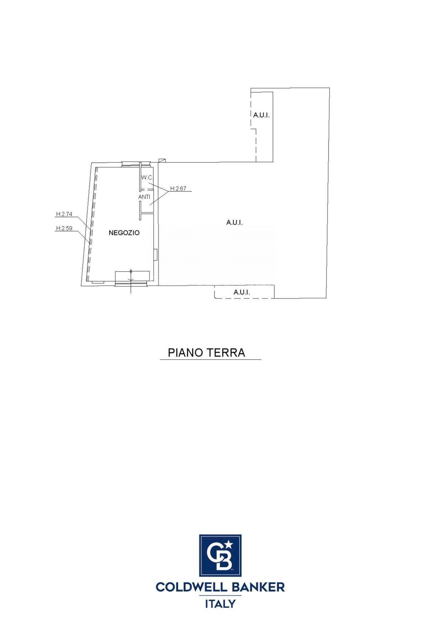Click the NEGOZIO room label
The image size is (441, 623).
(x=124, y=233)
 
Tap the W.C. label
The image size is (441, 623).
(x=147, y=177)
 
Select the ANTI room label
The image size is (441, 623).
(x=144, y=197)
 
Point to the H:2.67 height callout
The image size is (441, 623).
(x=178, y=189)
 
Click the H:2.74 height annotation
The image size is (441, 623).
(x=64, y=214)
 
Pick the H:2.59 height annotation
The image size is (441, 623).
(x=64, y=228)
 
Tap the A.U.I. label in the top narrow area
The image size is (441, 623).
(x=261, y=115)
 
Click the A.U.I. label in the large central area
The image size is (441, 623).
(x=234, y=223)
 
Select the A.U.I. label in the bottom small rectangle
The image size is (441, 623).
(x=241, y=292)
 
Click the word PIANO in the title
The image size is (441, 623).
(x=185, y=353)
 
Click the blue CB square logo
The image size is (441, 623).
(x=220, y=555)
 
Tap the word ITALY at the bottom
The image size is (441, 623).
(x=220, y=604)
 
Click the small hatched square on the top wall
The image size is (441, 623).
(x=162, y=160)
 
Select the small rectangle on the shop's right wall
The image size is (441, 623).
(x=155, y=254)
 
